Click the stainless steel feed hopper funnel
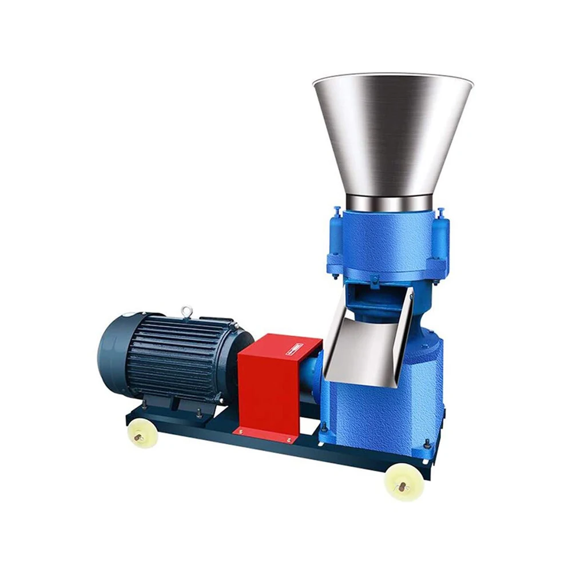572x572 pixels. pyautogui.click(x=394, y=132)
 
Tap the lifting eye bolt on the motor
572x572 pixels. pyautogui.click(x=186, y=312)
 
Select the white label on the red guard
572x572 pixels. pyautogui.click(x=294, y=349)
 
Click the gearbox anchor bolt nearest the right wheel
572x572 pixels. pyautogui.click(x=426, y=443)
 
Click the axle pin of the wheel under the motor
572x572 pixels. pyautogui.click(x=138, y=437)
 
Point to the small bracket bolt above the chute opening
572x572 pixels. pyautogui.click(x=375, y=280)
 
